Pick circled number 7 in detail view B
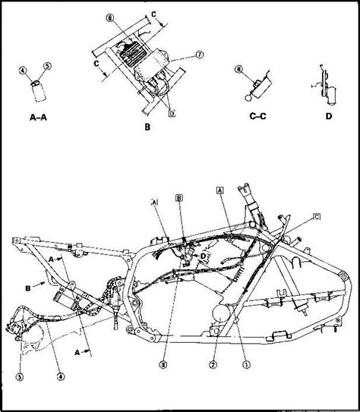pyautogui.click(x=179, y=55)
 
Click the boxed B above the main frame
pyautogui.click(x=178, y=197)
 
